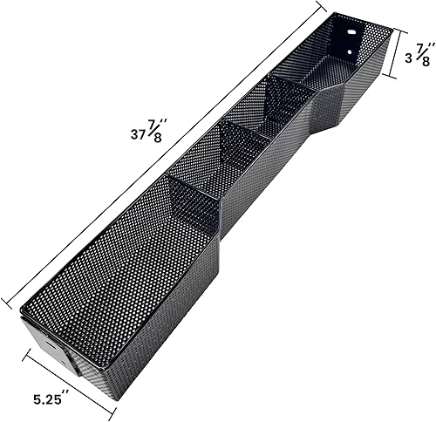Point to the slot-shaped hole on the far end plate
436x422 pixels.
[353, 34]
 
